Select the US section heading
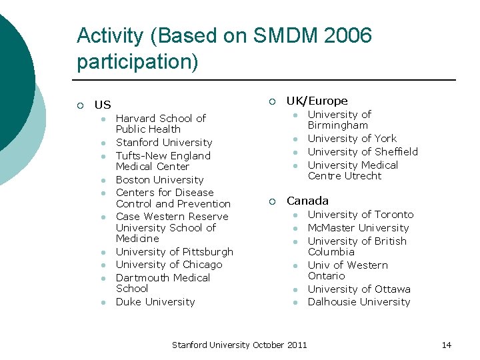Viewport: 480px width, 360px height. pyautogui.click(x=103, y=105)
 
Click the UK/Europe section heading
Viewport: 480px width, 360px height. pyautogui.click(x=317, y=101)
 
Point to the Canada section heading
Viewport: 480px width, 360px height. pyautogui.click(x=307, y=201)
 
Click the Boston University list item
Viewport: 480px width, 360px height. pyautogui.click(x=159, y=180)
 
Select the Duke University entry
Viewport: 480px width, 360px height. pyautogui.click(x=155, y=302)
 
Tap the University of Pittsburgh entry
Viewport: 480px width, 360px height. pyautogui.click(x=174, y=252)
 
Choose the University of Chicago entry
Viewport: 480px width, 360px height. pyautogui.click(x=169, y=265)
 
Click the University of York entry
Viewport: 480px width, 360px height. pyautogui.click(x=352, y=139)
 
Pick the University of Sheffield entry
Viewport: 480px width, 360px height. pyautogui.click(x=363, y=152)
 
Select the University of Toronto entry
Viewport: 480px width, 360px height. pyautogui.click(x=360, y=215)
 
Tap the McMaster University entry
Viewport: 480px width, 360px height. pyautogui.click(x=358, y=228)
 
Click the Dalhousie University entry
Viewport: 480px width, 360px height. pyautogui.click(x=359, y=302)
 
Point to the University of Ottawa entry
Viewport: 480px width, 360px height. pyautogui.click(x=359, y=289)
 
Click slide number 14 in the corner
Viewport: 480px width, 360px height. pyautogui.click(x=446, y=345)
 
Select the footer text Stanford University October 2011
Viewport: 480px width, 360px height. pyautogui.click(x=239, y=345)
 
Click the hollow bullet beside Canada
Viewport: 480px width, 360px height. pyautogui.click(x=272, y=201)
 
